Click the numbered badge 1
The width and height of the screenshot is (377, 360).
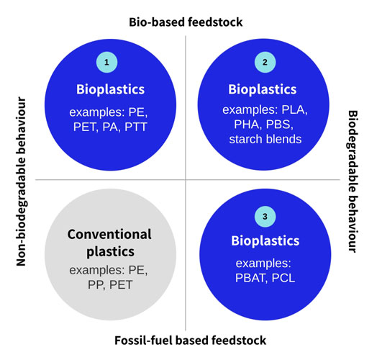106,62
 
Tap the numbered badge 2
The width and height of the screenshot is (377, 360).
265,62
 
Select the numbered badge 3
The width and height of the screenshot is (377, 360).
265,217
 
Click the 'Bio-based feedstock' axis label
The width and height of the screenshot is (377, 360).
186,22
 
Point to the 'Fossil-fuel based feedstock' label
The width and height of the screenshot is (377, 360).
190,341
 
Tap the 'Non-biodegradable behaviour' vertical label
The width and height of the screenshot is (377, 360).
21,181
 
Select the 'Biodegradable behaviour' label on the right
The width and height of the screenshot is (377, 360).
353,181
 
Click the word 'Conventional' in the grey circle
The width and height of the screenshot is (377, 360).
109,234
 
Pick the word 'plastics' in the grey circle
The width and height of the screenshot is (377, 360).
110,252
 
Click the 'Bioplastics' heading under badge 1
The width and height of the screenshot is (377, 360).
110,89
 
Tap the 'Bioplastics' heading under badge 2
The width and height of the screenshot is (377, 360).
263,89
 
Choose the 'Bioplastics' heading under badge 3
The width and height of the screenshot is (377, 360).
265,241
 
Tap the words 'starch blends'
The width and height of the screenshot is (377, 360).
265,139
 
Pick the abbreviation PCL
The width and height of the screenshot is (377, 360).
283,278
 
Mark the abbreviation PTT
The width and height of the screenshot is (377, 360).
135,127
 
